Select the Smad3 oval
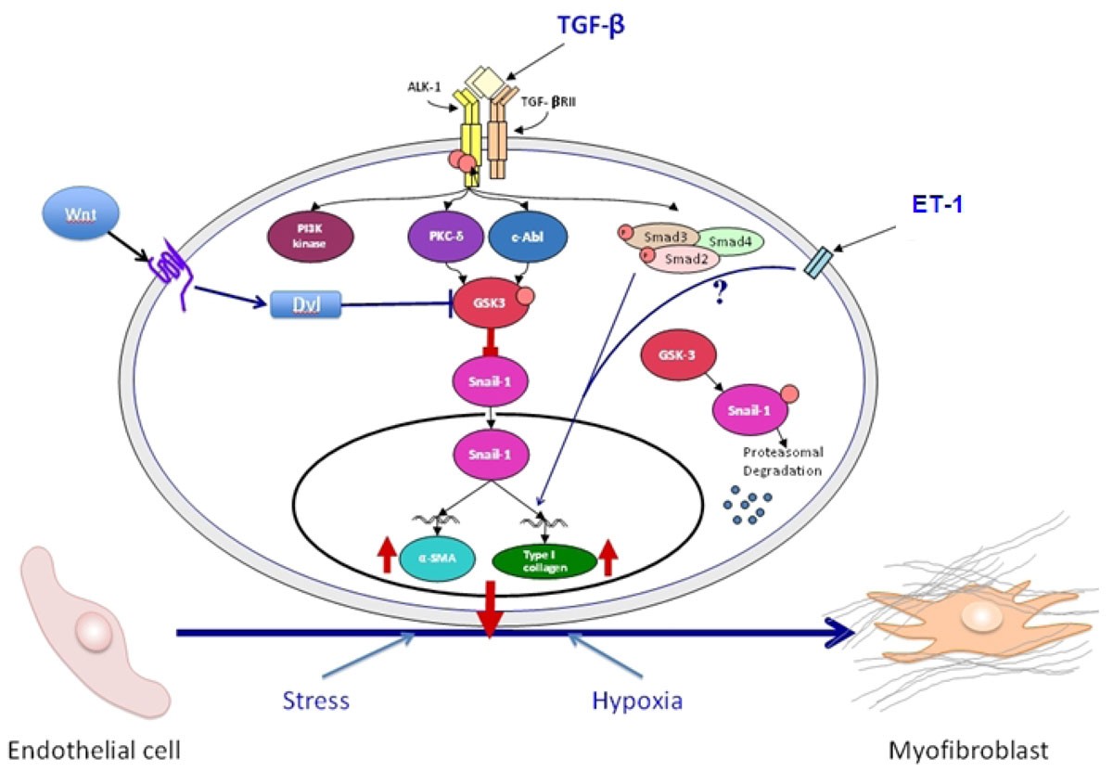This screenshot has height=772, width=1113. pyautogui.click(x=661, y=237)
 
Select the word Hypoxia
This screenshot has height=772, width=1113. pyautogui.click(x=637, y=701)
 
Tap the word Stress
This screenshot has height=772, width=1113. pyautogui.click(x=318, y=701)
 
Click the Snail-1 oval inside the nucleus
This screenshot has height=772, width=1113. pyautogui.click(x=487, y=454)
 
